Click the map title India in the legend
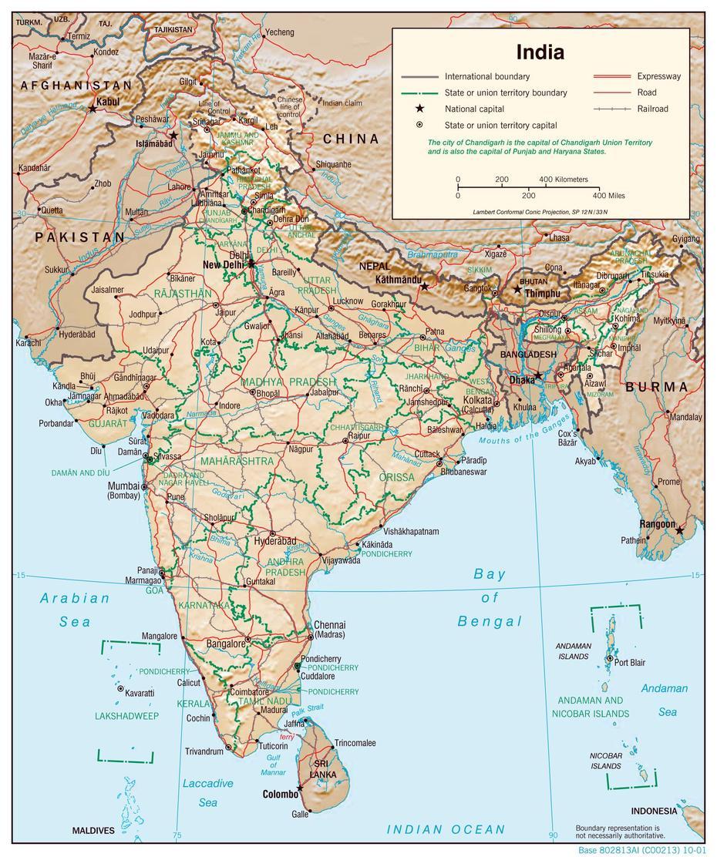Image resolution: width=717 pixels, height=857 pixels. coord(540,52)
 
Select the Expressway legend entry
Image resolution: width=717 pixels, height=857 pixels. coord(658,76)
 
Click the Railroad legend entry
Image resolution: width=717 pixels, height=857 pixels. coord(652,109)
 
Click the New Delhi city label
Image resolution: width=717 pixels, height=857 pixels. coord(223,264)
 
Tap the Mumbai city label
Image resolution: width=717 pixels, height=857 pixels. coord(123,486)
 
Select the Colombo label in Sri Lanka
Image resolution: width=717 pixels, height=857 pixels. coord(279,794)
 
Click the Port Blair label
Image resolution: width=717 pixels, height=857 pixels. coord(630,662)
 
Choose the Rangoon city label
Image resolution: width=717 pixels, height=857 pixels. coord(657,524)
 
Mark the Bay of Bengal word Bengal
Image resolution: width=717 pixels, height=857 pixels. coord(490,621)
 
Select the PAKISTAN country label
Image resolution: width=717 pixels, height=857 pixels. coord(79,237)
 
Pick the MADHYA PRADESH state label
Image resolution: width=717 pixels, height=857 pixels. coord(288,381)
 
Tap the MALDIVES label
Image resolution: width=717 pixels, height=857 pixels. coord(93,831)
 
